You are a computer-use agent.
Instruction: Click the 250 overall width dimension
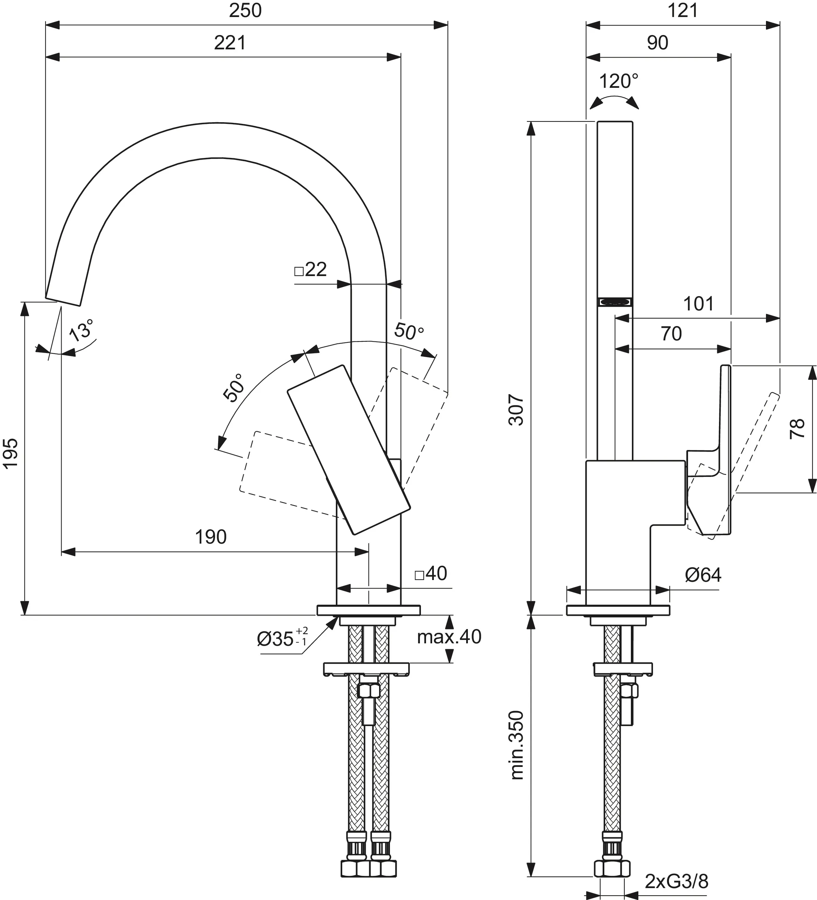[245, 11]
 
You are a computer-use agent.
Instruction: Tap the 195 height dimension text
[11, 453]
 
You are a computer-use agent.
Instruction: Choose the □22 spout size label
[311, 269]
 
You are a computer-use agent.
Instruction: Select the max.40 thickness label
[449, 637]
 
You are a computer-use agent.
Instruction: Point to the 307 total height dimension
[516, 409]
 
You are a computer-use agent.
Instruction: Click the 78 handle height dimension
[797, 429]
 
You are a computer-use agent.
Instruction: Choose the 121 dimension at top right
[682, 11]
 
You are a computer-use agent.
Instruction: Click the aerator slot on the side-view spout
[615, 302]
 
